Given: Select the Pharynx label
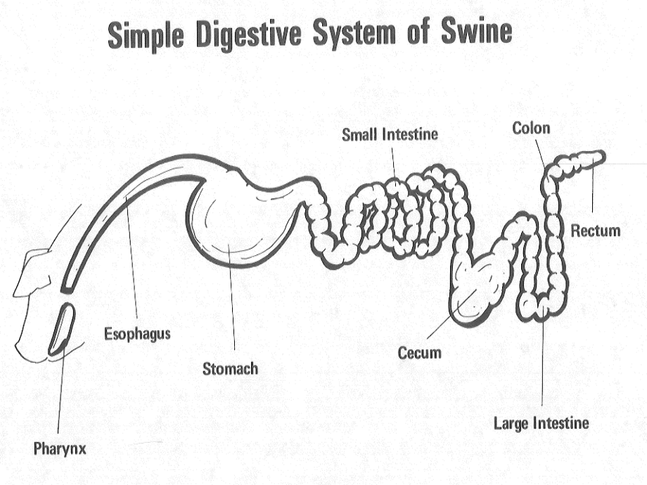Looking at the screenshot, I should point(60,448).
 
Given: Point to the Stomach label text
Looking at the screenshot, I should point(230,368).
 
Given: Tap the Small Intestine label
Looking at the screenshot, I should point(390,134).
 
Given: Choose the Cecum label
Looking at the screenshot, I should point(419,352).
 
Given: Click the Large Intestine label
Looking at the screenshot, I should point(541,422).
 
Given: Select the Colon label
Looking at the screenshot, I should point(531,128).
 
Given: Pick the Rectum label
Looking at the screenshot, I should point(595,230).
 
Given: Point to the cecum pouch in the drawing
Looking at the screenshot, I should point(473,288).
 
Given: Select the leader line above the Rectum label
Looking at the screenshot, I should point(593,190).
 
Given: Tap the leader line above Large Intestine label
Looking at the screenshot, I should point(543,366).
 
